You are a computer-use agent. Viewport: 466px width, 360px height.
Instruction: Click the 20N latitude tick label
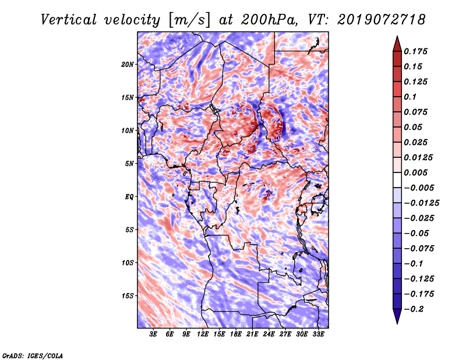pos(128,64)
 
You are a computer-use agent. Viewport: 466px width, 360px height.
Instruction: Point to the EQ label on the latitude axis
pos(129,196)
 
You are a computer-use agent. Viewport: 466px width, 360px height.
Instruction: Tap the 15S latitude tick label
pos(128,295)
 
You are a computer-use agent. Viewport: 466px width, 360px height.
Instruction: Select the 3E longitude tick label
pos(154,334)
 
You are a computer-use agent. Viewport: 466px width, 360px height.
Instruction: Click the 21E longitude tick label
pos(253,334)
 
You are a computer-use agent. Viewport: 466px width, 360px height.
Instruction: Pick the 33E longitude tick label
pos(318,334)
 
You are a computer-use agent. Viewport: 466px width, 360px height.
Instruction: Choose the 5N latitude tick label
pos(129,163)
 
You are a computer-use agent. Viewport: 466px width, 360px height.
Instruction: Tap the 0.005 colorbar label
pos(419,172)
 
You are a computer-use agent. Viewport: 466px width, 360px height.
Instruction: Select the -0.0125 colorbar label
pos(423,203)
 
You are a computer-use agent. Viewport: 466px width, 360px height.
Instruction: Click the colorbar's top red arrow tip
pos(397,37)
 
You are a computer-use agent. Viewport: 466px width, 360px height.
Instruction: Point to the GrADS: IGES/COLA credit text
pos(32,355)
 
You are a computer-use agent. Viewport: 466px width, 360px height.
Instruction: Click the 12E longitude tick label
pos(203,334)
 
